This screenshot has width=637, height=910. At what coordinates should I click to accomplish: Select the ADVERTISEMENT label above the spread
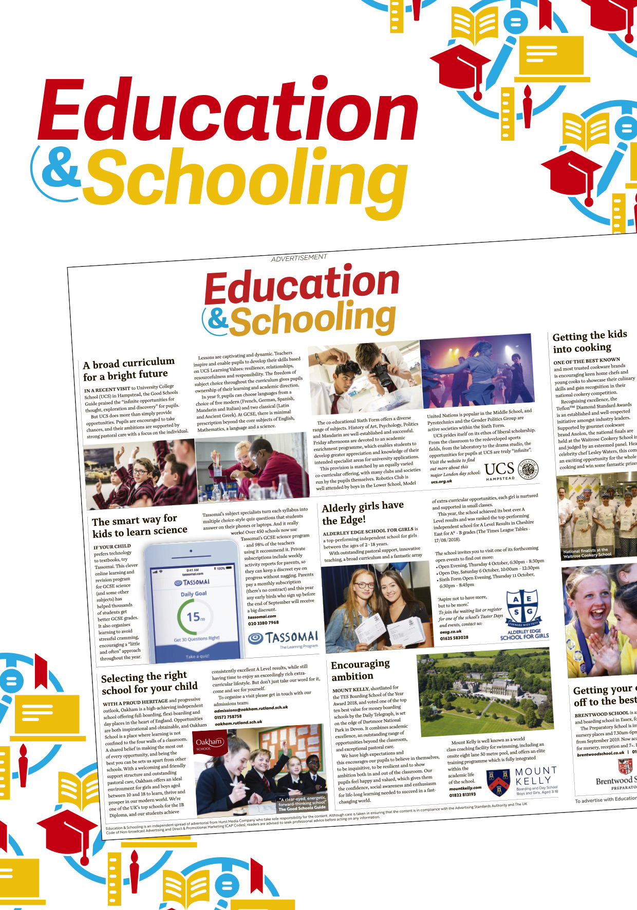pos(298,258)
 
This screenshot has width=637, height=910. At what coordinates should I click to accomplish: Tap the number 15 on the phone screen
pos(194,616)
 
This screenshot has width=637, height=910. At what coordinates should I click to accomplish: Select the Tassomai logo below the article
pos(283,638)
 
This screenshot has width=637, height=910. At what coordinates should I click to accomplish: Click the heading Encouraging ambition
pos(360,670)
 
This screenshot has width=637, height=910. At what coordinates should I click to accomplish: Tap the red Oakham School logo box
pos(210,744)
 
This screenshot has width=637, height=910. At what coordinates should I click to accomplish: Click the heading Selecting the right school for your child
pos(148,682)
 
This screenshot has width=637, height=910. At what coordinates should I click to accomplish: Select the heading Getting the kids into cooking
pos(590,342)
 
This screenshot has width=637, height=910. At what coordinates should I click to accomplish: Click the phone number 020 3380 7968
pos(263,623)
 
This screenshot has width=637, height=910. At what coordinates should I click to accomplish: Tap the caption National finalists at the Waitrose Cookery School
pos(587,553)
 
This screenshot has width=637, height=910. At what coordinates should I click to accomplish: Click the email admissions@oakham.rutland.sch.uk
pos(251,709)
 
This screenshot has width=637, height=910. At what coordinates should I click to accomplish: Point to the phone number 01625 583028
pos(454,638)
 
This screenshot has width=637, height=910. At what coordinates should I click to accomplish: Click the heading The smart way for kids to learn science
pos(139,526)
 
